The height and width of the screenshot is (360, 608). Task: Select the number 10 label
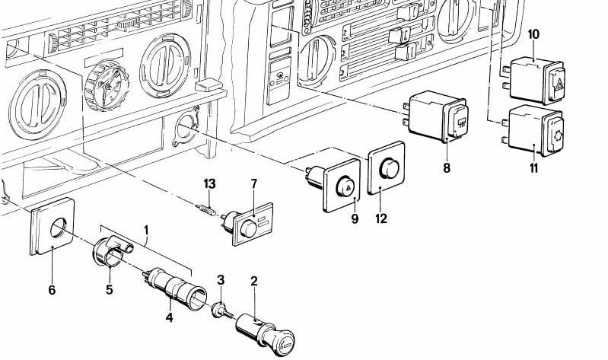(533, 33)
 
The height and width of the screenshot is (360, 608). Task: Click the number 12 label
(381, 218)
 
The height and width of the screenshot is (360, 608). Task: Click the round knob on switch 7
(246, 229)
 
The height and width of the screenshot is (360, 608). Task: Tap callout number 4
(170, 317)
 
